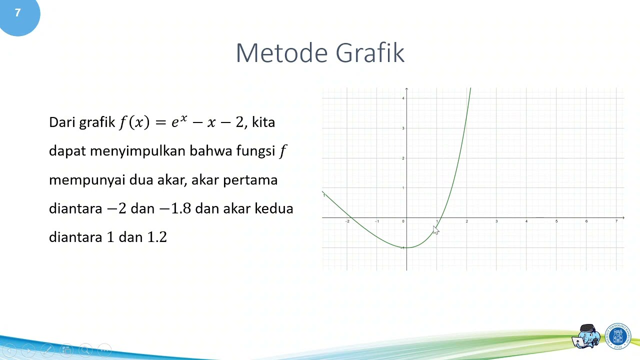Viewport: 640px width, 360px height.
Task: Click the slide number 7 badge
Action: point(18,13)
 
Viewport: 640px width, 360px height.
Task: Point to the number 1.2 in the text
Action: point(157,237)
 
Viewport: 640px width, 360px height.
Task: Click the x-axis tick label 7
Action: point(616,221)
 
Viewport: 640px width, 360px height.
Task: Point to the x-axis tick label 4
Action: point(526,221)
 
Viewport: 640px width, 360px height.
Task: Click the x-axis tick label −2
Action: point(347,221)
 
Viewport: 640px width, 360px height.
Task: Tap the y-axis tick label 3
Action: point(403,128)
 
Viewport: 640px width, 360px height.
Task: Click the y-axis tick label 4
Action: point(403,98)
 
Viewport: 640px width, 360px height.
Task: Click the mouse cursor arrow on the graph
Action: point(435,229)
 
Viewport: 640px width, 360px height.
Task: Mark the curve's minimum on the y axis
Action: point(407,247)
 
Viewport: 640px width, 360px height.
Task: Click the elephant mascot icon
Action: point(587,336)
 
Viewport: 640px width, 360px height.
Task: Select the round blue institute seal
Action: point(618,336)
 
